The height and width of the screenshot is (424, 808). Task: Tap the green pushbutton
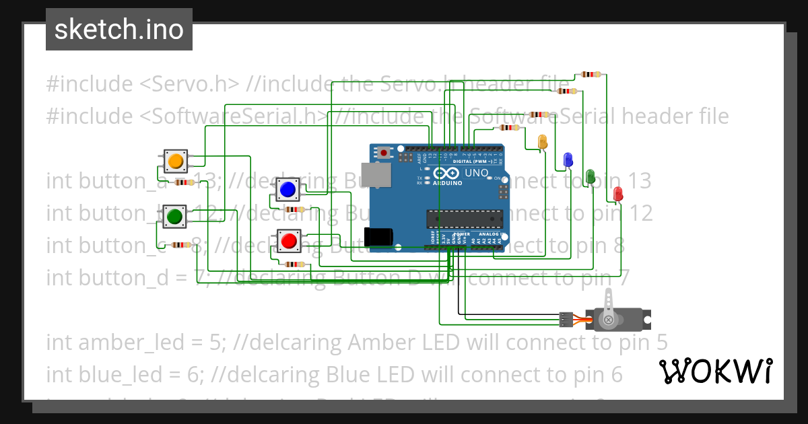tap(174, 217)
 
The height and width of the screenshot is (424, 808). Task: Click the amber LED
tap(543, 142)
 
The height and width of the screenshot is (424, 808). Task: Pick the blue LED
tap(568, 160)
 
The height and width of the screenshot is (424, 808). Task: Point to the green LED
tap(591, 176)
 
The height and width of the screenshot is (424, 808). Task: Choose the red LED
tap(617, 194)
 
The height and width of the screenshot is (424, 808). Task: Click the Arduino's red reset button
tap(384, 153)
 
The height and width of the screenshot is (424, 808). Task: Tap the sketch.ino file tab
tap(119, 30)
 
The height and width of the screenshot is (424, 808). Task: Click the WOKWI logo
tap(715, 371)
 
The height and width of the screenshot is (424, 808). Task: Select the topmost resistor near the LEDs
tap(591, 74)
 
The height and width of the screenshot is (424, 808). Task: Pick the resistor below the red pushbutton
tap(295, 264)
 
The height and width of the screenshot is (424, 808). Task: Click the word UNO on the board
tap(476, 173)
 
